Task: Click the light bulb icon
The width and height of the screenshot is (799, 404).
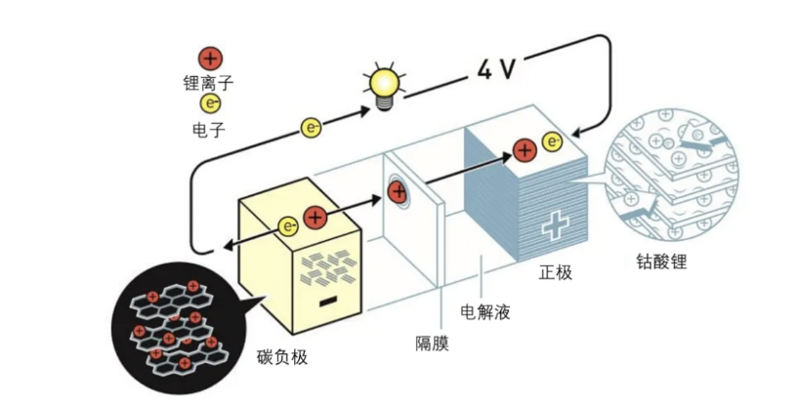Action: coord(383,84)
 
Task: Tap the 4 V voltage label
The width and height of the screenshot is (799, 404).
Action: coord(496,68)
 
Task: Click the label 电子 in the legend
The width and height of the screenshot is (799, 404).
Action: coord(209,128)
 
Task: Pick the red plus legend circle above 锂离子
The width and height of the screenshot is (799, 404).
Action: coord(209,58)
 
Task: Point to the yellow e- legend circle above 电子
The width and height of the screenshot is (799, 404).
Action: coord(209,104)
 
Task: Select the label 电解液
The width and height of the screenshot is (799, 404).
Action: coord(484,312)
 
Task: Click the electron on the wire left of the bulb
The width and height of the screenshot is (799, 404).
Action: coord(312,127)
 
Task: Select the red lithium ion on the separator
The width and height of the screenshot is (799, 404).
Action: coord(398,191)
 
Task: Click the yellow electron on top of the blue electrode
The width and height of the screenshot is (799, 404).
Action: coord(552,143)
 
